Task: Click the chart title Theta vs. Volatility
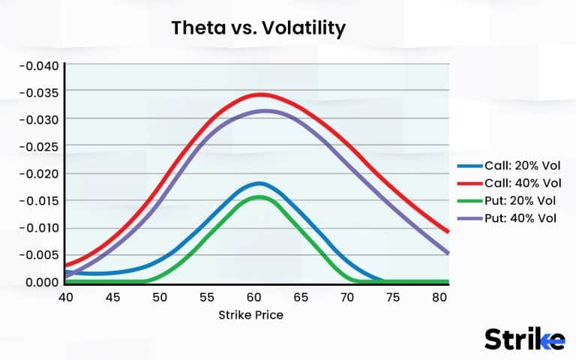click(x=259, y=28)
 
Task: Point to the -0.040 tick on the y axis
click(x=37, y=64)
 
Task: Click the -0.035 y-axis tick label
click(x=37, y=91)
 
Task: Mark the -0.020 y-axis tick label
click(x=37, y=173)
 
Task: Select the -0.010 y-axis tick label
click(x=37, y=228)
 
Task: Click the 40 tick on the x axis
click(x=67, y=296)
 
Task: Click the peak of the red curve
click(x=261, y=94)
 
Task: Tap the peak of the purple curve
click(x=265, y=111)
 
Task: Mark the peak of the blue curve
click(x=259, y=183)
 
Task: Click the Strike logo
click(x=524, y=338)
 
